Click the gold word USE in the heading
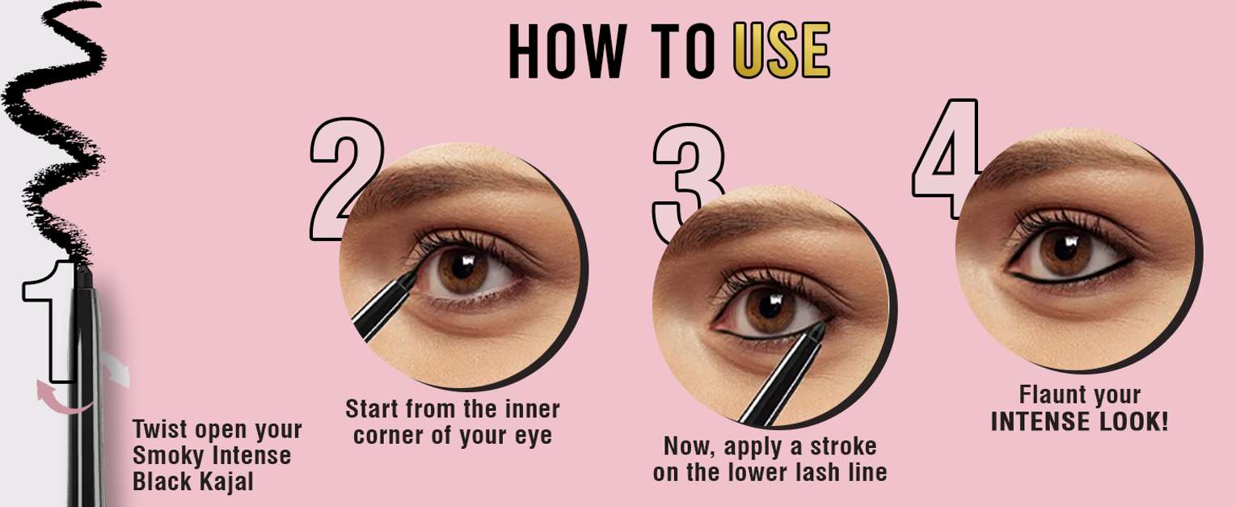click(x=782, y=50)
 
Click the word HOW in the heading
click(x=567, y=50)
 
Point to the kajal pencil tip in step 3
click(x=819, y=329)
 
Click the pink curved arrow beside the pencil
click(x=60, y=400)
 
